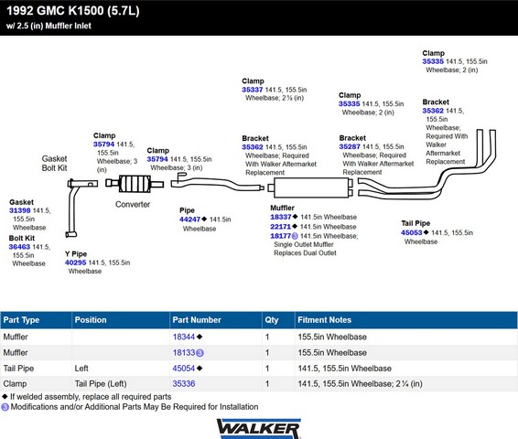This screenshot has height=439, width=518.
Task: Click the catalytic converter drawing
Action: [x=135, y=184]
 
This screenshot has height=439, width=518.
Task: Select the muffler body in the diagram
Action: [x=310, y=187]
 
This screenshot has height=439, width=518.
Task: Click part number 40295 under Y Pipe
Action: [x=75, y=262]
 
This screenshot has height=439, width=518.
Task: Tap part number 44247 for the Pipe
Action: [x=189, y=219]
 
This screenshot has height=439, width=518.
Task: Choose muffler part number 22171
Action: [x=280, y=227]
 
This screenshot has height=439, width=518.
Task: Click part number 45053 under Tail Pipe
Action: [x=411, y=232]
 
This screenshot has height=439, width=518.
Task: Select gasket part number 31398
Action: [x=20, y=210]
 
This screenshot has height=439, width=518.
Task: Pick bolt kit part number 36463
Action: [x=19, y=247]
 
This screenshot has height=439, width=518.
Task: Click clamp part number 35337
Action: [x=253, y=90]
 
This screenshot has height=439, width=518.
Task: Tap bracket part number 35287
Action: [x=350, y=146]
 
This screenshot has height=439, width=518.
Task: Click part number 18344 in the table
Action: [x=184, y=337]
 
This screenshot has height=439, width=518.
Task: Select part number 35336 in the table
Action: [x=184, y=383]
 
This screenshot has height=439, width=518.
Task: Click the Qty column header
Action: [x=272, y=320]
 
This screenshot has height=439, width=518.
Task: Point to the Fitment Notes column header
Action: [x=324, y=320]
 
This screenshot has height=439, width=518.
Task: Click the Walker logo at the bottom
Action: [x=259, y=428]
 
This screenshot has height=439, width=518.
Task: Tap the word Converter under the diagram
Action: [x=133, y=204]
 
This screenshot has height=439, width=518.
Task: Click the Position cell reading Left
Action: [x=81, y=368]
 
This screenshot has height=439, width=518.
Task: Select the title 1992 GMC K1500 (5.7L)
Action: [x=73, y=11]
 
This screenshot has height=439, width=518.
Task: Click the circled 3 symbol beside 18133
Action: [x=200, y=353]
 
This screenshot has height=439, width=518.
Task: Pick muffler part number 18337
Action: [x=281, y=217]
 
